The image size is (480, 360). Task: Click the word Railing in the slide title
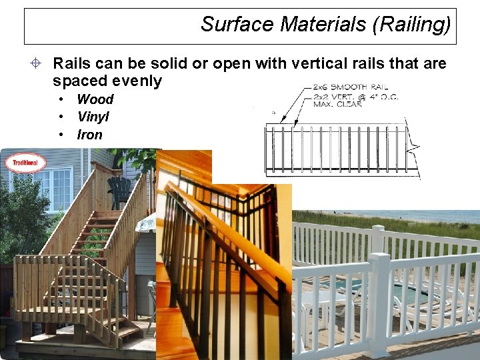(x=413, y=25)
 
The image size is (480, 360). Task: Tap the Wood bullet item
(x=95, y=99)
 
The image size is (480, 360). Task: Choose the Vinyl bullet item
(x=93, y=117)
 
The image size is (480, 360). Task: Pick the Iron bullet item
(x=89, y=135)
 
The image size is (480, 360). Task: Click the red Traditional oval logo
(x=25, y=163)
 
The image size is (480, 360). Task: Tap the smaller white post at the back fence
(x=378, y=239)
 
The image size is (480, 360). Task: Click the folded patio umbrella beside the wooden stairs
(x=145, y=225)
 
